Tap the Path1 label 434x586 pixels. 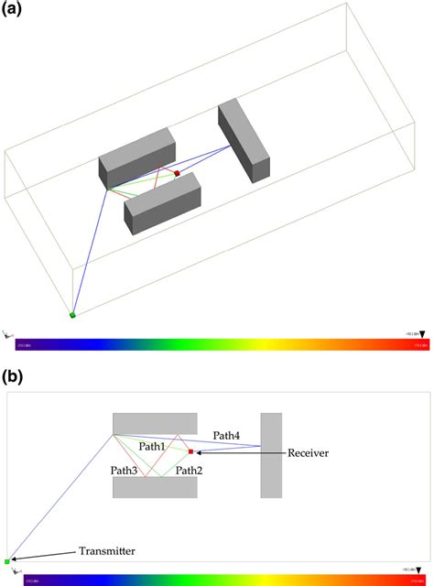pos(152,445)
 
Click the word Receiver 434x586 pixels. pos(308,452)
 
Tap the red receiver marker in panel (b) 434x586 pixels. pos(190,451)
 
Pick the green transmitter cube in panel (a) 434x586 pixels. pos(72,315)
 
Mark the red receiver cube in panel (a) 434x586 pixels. pos(177,172)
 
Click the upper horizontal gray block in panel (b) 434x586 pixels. pos(154,423)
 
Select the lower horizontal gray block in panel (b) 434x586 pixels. pos(154,487)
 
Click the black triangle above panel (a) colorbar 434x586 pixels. pos(422,335)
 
